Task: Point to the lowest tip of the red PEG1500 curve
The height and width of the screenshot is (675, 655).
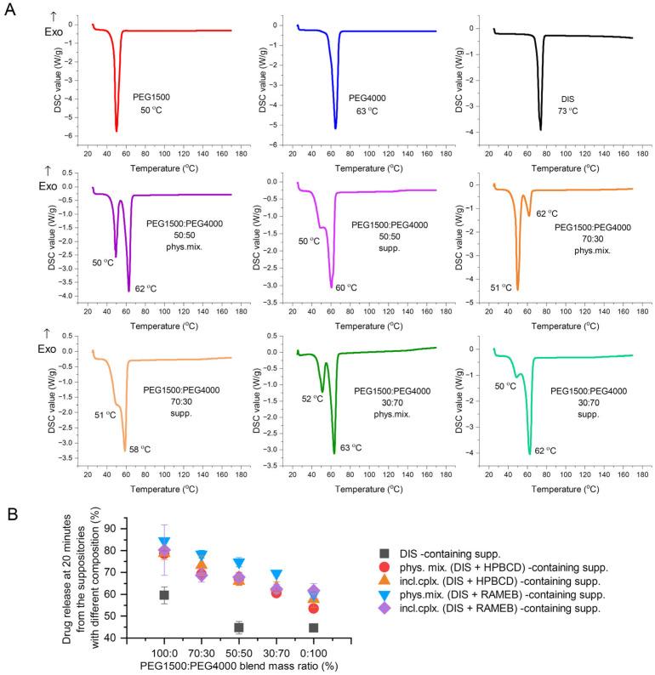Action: [x=117, y=131]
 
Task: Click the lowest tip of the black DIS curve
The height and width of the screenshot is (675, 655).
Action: [x=541, y=129]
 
